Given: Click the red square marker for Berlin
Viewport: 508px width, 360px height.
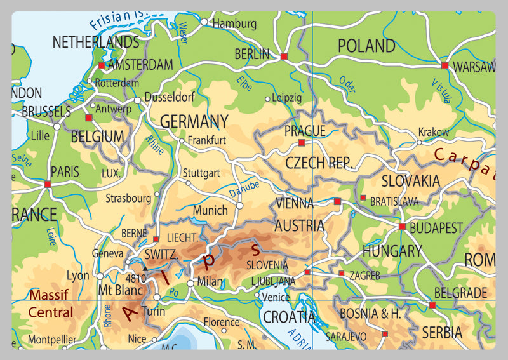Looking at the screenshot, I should [284, 57].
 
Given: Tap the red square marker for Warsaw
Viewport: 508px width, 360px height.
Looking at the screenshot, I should [444, 65].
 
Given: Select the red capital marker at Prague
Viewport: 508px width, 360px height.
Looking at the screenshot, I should [302, 143].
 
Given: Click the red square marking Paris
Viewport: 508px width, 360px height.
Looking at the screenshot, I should [48, 184].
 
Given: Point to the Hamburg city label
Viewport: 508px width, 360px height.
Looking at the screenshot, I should [234, 24].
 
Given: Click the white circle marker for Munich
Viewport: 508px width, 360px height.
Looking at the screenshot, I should [239, 206].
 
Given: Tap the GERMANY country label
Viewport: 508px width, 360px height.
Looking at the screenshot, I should [194, 121].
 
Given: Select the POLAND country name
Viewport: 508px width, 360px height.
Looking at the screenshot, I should [366, 46].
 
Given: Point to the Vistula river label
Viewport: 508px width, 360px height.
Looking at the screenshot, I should [441, 91].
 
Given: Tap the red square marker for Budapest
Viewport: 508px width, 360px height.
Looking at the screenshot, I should [402, 226].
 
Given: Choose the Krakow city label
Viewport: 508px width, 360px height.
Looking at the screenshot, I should [433, 132].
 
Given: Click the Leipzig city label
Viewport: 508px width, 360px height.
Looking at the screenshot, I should [286, 98].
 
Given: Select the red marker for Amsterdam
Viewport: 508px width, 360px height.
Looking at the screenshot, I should [101, 65].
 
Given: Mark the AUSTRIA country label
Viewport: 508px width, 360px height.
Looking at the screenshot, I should [299, 225].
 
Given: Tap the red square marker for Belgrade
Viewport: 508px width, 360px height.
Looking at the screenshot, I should [432, 305].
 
